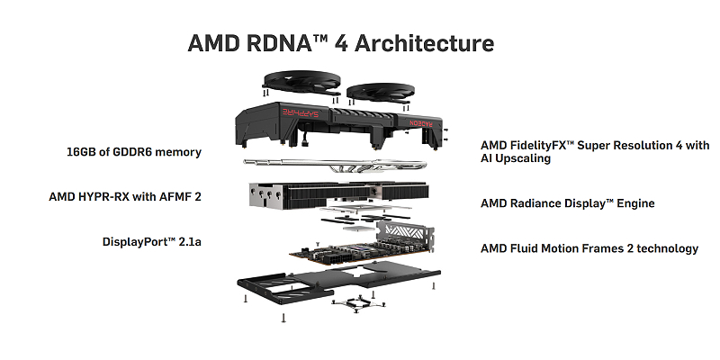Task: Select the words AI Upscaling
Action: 516,158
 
